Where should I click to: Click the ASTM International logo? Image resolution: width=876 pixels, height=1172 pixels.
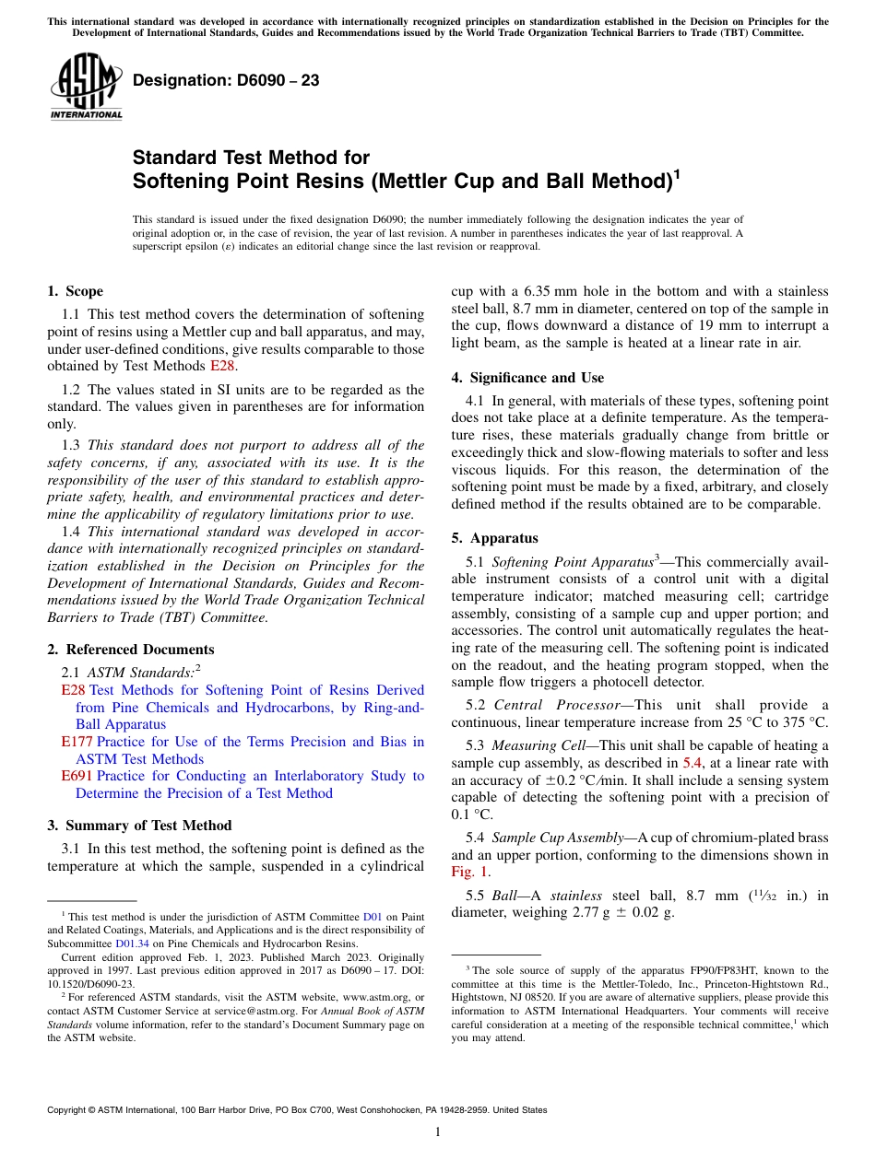(x=85, y=87)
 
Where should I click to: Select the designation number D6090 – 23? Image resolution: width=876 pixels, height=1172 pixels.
(x=226, y=81)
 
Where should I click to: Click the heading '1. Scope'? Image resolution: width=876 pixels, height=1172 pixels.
(x=75, y=291)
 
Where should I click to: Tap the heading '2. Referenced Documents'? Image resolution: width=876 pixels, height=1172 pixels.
(x=130, y=650)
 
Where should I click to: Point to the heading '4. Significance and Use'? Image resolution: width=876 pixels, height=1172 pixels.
(x=527, y=378)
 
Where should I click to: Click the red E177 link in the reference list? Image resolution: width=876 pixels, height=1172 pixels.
(x=73, y=742)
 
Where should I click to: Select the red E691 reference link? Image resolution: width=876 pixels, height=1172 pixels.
(x=73, y=776)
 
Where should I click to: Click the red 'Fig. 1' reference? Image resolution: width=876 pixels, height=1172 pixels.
(x=469, y=872)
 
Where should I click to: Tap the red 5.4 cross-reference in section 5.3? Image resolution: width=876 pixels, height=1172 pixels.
(x=693, y=763)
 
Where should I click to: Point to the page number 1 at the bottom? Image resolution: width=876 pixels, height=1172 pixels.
(x=438, y=1131)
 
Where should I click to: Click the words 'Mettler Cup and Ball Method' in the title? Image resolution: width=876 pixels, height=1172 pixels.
(x=522, y=181)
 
